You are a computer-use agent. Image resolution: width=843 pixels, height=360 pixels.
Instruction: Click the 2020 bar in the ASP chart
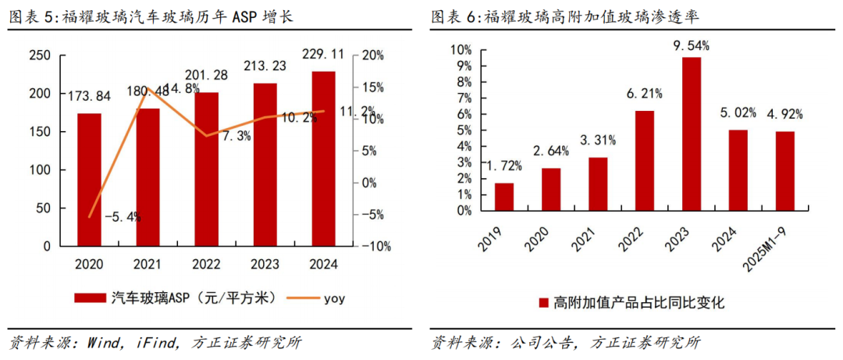[89, 180]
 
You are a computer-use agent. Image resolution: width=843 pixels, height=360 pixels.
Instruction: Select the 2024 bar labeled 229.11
[323, 159]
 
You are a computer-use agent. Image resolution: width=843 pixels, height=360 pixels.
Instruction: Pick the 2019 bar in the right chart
[504, 197]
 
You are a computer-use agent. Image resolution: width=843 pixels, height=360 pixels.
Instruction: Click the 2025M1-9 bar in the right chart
[784, 171]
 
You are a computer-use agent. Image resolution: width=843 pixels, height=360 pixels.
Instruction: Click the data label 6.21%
[644, 94]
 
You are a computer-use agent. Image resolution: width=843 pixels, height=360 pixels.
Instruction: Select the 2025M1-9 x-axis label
[777, 244]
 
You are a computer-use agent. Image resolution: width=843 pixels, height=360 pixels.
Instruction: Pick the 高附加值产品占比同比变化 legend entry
[631, 302]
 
